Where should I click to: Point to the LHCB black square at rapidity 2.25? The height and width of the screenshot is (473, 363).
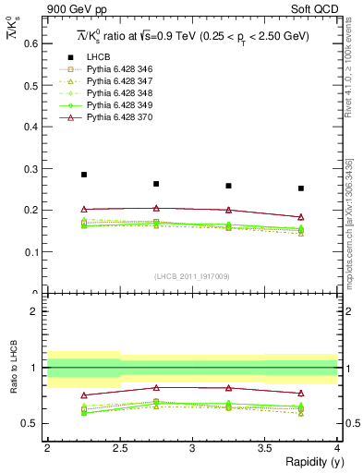click(83, 175)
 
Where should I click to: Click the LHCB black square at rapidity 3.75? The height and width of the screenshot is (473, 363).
click(301, 188)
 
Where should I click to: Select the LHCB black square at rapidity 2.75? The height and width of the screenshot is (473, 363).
click(156, 184)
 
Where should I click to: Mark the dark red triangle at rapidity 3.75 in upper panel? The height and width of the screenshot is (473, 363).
click(301, 217)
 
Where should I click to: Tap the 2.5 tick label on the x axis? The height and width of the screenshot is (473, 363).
click(119, 449)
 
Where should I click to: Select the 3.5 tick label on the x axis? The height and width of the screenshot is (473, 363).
click(264, 449)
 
